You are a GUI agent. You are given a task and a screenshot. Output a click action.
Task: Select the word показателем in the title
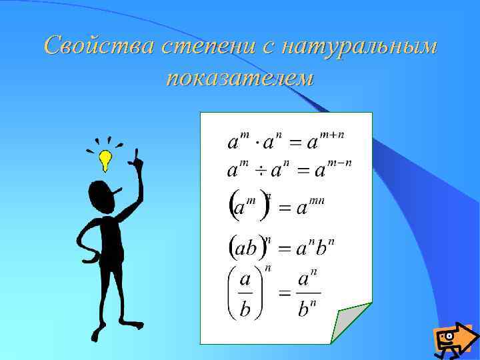click(240, 77)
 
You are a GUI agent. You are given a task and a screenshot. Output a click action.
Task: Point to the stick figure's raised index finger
click(135, 155)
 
